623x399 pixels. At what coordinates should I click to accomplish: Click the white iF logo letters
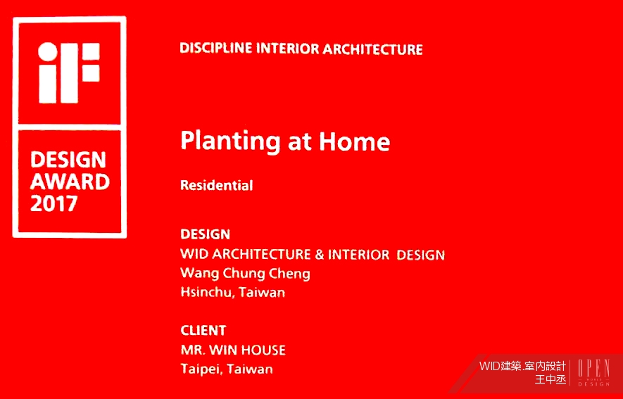point(69,72)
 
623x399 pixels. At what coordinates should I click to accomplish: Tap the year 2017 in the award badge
point(54,204)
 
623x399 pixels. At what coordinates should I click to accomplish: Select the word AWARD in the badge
point(70,182)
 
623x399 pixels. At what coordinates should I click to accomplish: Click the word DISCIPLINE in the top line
point(215,49)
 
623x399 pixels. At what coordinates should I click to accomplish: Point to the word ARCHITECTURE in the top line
point(372,49)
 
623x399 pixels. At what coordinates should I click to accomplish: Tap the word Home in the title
point(354,141)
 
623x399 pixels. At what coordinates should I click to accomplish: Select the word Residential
point(217,185)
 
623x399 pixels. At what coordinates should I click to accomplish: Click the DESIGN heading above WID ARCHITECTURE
point(205,234)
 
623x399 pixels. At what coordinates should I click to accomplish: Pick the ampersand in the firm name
point(320,255)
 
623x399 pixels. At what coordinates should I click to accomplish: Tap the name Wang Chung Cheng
point(245,274)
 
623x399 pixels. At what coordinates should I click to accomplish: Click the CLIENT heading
point(203,330)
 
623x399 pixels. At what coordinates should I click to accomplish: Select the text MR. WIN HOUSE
point(233,350)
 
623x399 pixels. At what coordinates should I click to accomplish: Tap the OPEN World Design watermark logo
point(593,372)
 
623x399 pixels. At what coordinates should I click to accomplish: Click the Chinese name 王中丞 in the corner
point(550,380)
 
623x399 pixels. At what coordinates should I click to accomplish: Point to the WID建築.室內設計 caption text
point(522,366)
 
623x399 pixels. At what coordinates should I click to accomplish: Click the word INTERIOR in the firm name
point(359,255)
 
